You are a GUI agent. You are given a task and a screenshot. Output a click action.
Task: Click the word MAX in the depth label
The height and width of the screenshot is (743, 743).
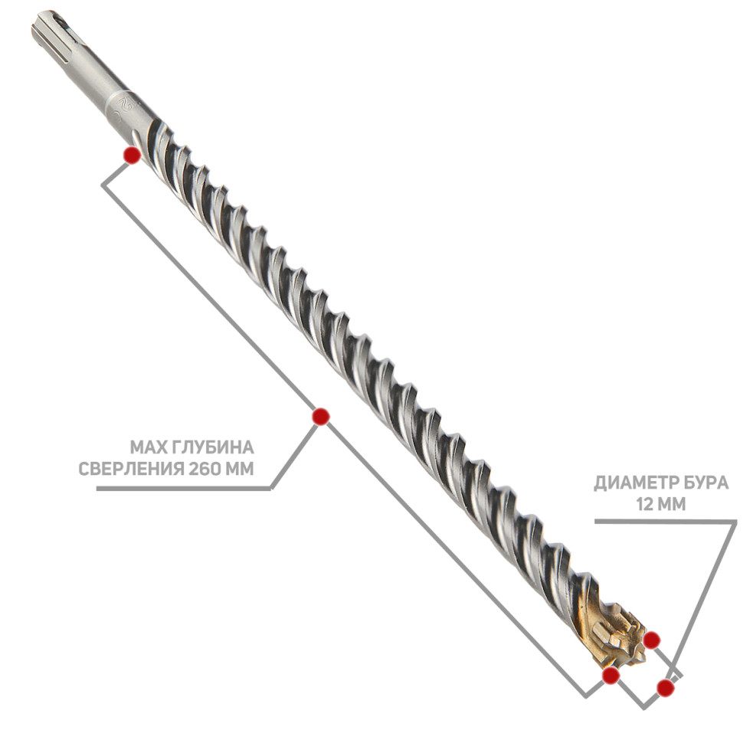click(146, 447)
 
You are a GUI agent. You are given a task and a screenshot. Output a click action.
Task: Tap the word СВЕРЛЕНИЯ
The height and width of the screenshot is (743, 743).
click(131, 469)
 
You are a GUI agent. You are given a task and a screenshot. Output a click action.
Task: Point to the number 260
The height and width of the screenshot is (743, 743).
click(205, 469)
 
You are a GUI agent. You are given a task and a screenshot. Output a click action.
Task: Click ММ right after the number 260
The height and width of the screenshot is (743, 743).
click(239, 469)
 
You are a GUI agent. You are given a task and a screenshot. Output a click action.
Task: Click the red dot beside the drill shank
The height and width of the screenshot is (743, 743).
click(132, 155)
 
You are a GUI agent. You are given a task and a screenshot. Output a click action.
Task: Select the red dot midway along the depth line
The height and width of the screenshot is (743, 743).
click(321, 417)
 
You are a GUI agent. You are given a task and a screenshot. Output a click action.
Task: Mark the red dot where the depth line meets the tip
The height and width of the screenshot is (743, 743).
click(610, 676)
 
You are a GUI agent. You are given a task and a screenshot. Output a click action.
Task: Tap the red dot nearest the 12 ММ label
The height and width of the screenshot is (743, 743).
click(652, 640)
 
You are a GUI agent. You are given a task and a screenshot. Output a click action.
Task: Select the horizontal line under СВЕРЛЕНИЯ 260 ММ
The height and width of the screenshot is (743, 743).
click(184, 489)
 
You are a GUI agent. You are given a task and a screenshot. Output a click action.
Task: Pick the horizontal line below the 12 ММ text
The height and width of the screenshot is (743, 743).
click(666, 521)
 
